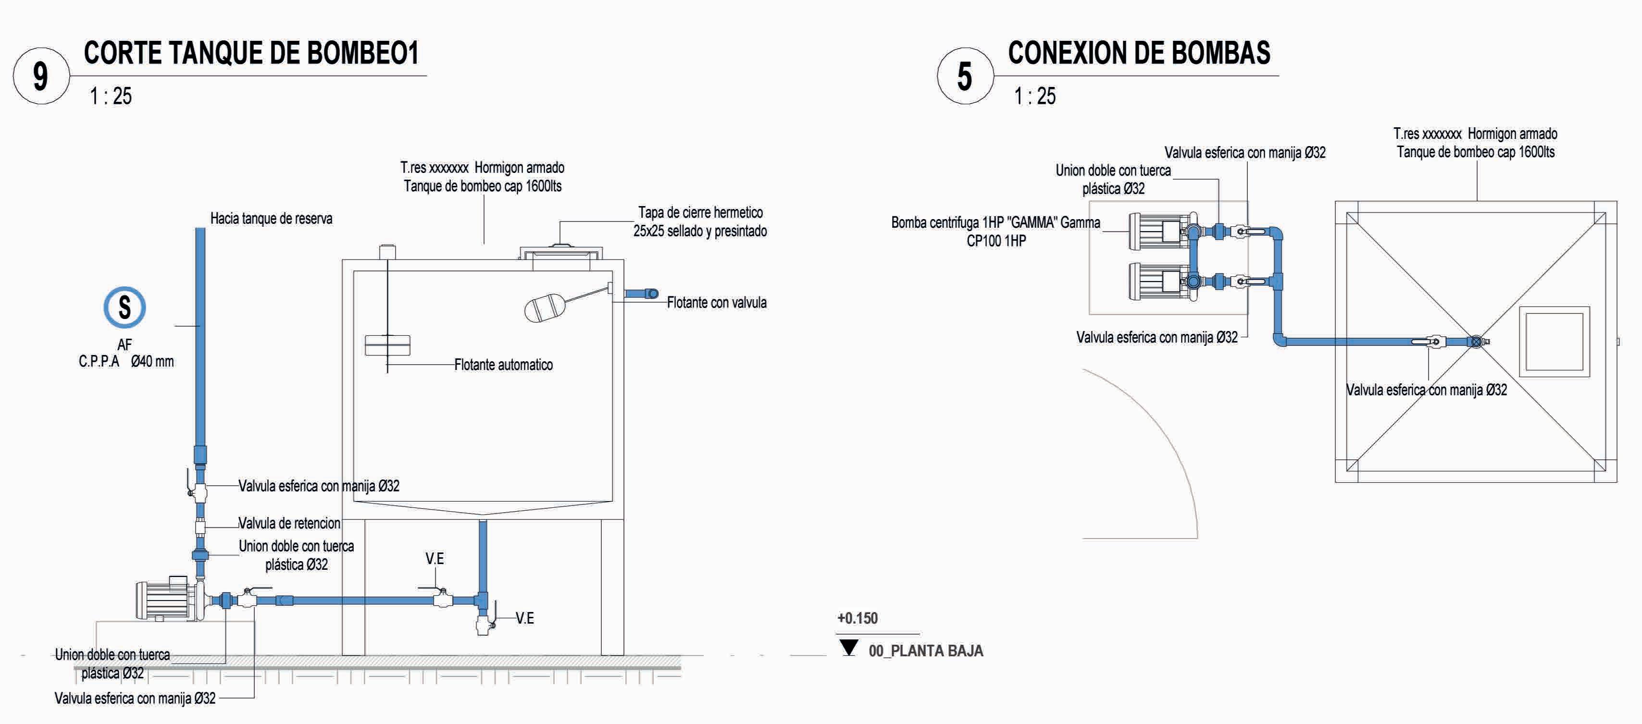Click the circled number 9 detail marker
point(40,76)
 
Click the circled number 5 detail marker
point(964,76)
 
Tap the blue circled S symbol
point(124,307)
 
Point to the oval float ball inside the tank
point(543,309)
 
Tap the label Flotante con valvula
point(717,303)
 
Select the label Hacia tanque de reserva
point(271,219)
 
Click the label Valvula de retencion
point(289,523)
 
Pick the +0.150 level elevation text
point(858,618)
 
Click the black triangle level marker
point(848,648)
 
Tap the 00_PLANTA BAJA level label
point(925,650)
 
